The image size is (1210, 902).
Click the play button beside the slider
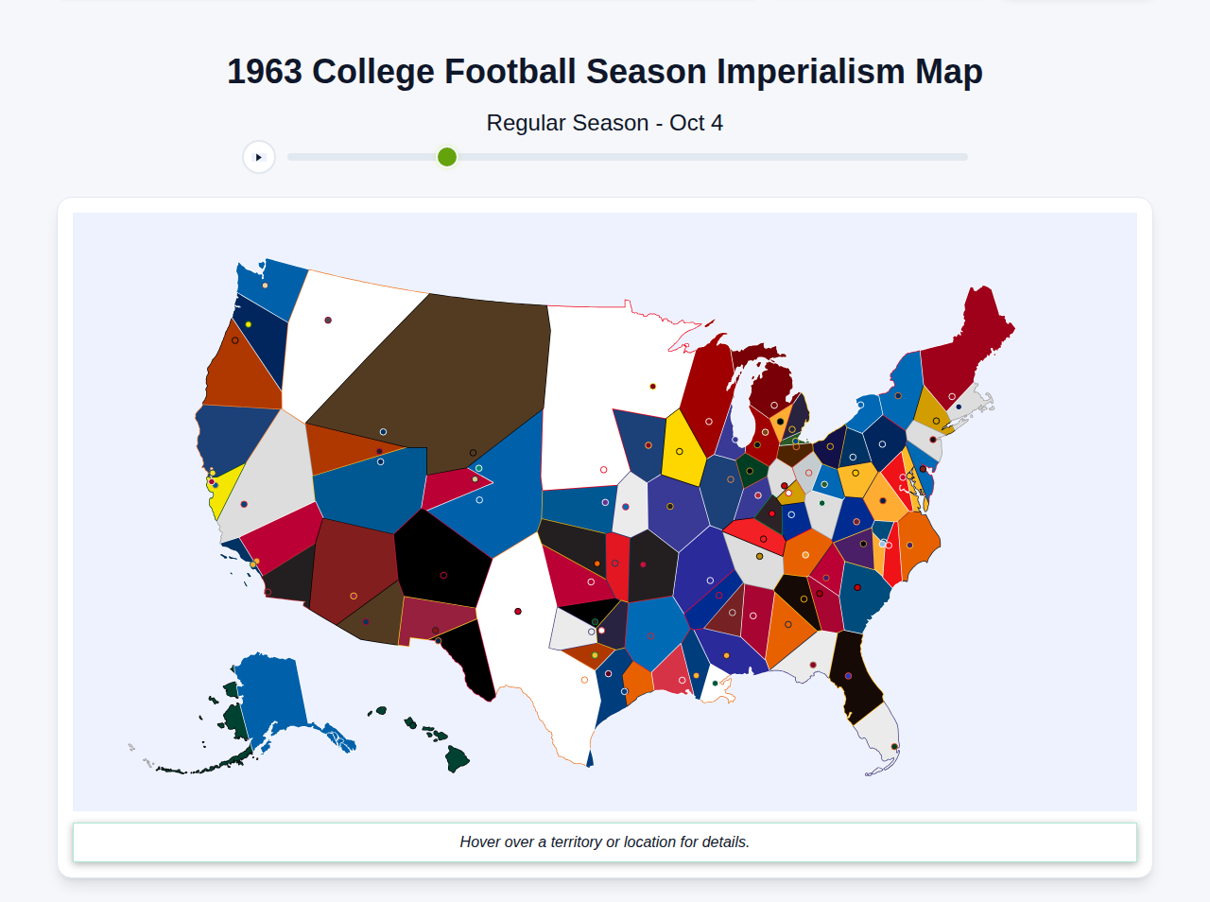tap(258, 157)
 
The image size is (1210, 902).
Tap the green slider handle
tap(447, 157)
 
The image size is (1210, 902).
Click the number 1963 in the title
tap(265, 72)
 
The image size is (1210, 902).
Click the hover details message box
tap(605, 841)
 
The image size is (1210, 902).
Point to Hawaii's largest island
tap(458, 758)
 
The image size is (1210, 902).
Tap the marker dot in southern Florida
tap(894, 747)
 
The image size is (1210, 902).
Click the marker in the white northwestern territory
tap(328, 321)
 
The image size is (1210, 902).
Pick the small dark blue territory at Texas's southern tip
tap(590, 758)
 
